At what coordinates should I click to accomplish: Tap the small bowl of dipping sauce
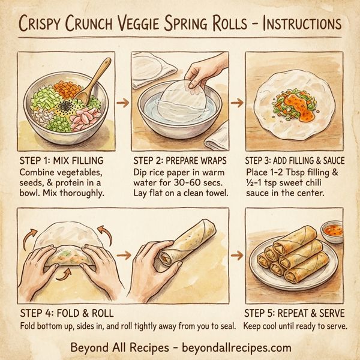pos(332,231)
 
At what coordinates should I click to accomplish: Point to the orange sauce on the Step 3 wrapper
pos(296,101)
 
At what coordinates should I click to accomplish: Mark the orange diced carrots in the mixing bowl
pos(66,89)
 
